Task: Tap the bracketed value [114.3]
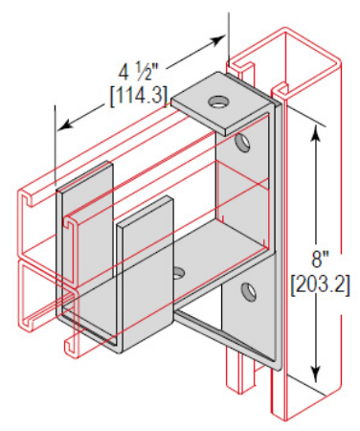pos(139,95)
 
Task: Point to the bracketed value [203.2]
pos(320,284)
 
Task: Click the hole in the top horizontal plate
pos(219,102)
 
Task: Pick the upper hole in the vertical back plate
pos(242,143)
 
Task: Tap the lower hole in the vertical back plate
pos(248,291)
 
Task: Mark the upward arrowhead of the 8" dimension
pos(316,133)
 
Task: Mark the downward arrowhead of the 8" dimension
pos(316,374)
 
